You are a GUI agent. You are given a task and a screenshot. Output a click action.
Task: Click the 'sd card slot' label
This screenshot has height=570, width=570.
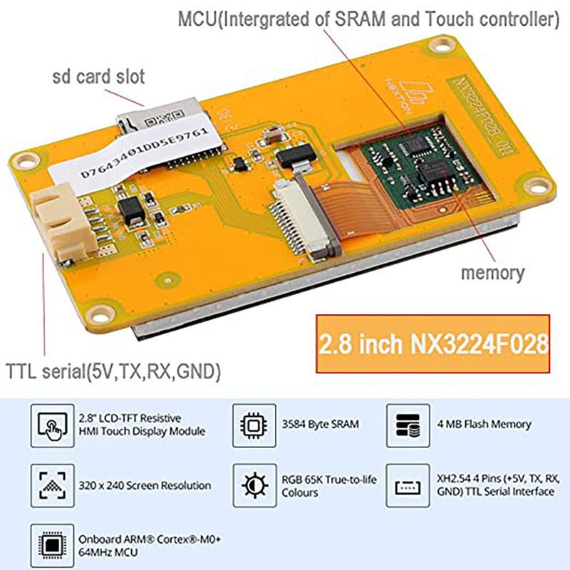(98, 76)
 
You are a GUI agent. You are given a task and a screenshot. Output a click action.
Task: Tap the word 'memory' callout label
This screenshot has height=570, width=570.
(492, 272)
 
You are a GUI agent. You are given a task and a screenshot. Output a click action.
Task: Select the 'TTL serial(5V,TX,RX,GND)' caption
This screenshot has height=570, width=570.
(113, 371)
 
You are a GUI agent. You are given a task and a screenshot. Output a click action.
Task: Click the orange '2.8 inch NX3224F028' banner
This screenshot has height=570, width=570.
(433, 343)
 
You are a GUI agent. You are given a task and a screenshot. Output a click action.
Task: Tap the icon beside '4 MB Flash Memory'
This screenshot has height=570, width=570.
(408, 424)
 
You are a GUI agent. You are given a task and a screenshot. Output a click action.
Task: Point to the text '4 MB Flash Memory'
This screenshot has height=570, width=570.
(484, 424)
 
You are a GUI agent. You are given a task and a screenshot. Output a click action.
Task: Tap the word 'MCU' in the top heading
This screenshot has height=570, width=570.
(197, 19)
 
